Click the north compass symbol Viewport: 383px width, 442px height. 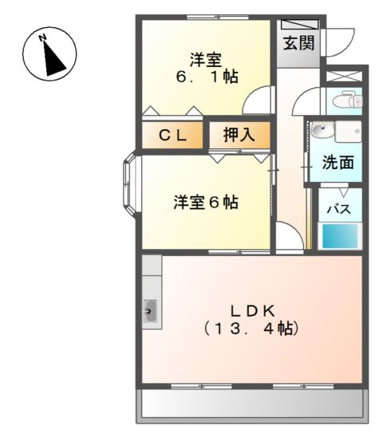coord(49,53)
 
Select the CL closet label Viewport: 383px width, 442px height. coord(172,136)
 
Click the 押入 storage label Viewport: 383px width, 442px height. coord(238,136)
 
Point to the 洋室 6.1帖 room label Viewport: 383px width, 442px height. coord(206,68)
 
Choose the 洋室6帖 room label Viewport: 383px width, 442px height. coord(206,202)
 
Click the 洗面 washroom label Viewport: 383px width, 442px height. coord(338,163)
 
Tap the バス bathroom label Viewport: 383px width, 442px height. coord(341,211)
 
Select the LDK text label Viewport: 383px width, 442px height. coord(254,309)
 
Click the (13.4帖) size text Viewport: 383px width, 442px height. coord(254,327)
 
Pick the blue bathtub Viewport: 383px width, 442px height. coord(341,237)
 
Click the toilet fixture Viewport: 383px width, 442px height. coord(348,101)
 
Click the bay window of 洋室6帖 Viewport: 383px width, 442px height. coord(131,186)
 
